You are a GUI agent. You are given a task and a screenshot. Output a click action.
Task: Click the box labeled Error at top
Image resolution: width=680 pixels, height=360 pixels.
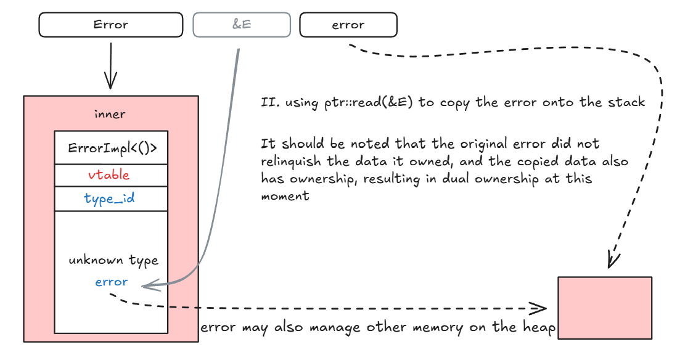[x=111, y=25]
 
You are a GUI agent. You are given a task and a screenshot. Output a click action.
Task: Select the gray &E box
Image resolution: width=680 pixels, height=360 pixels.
[x=242, y=25]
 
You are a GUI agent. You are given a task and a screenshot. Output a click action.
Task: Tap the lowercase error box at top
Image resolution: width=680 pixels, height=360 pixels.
[x=348, y=25]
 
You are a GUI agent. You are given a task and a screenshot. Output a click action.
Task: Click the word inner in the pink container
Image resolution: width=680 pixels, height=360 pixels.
[x=110, y=114]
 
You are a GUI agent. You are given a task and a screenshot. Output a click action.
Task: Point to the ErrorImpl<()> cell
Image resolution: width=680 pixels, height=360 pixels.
[x=110, y=148]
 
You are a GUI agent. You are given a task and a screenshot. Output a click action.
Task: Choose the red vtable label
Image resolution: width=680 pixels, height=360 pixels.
[x=109, y=174]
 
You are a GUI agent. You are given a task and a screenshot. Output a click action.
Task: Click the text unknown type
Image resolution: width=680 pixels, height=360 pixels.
[x=113, y=260]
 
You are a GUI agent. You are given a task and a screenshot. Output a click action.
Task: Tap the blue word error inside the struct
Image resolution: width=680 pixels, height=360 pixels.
[x=111, y=282]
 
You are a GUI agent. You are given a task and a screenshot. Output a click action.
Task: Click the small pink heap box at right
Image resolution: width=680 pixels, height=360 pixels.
[x=604, y=307]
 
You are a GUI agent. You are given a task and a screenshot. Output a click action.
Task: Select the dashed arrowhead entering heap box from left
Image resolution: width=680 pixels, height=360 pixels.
[x=541, y=308]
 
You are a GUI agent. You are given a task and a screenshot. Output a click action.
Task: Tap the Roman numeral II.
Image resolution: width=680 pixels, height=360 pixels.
[x=268, y=102]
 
